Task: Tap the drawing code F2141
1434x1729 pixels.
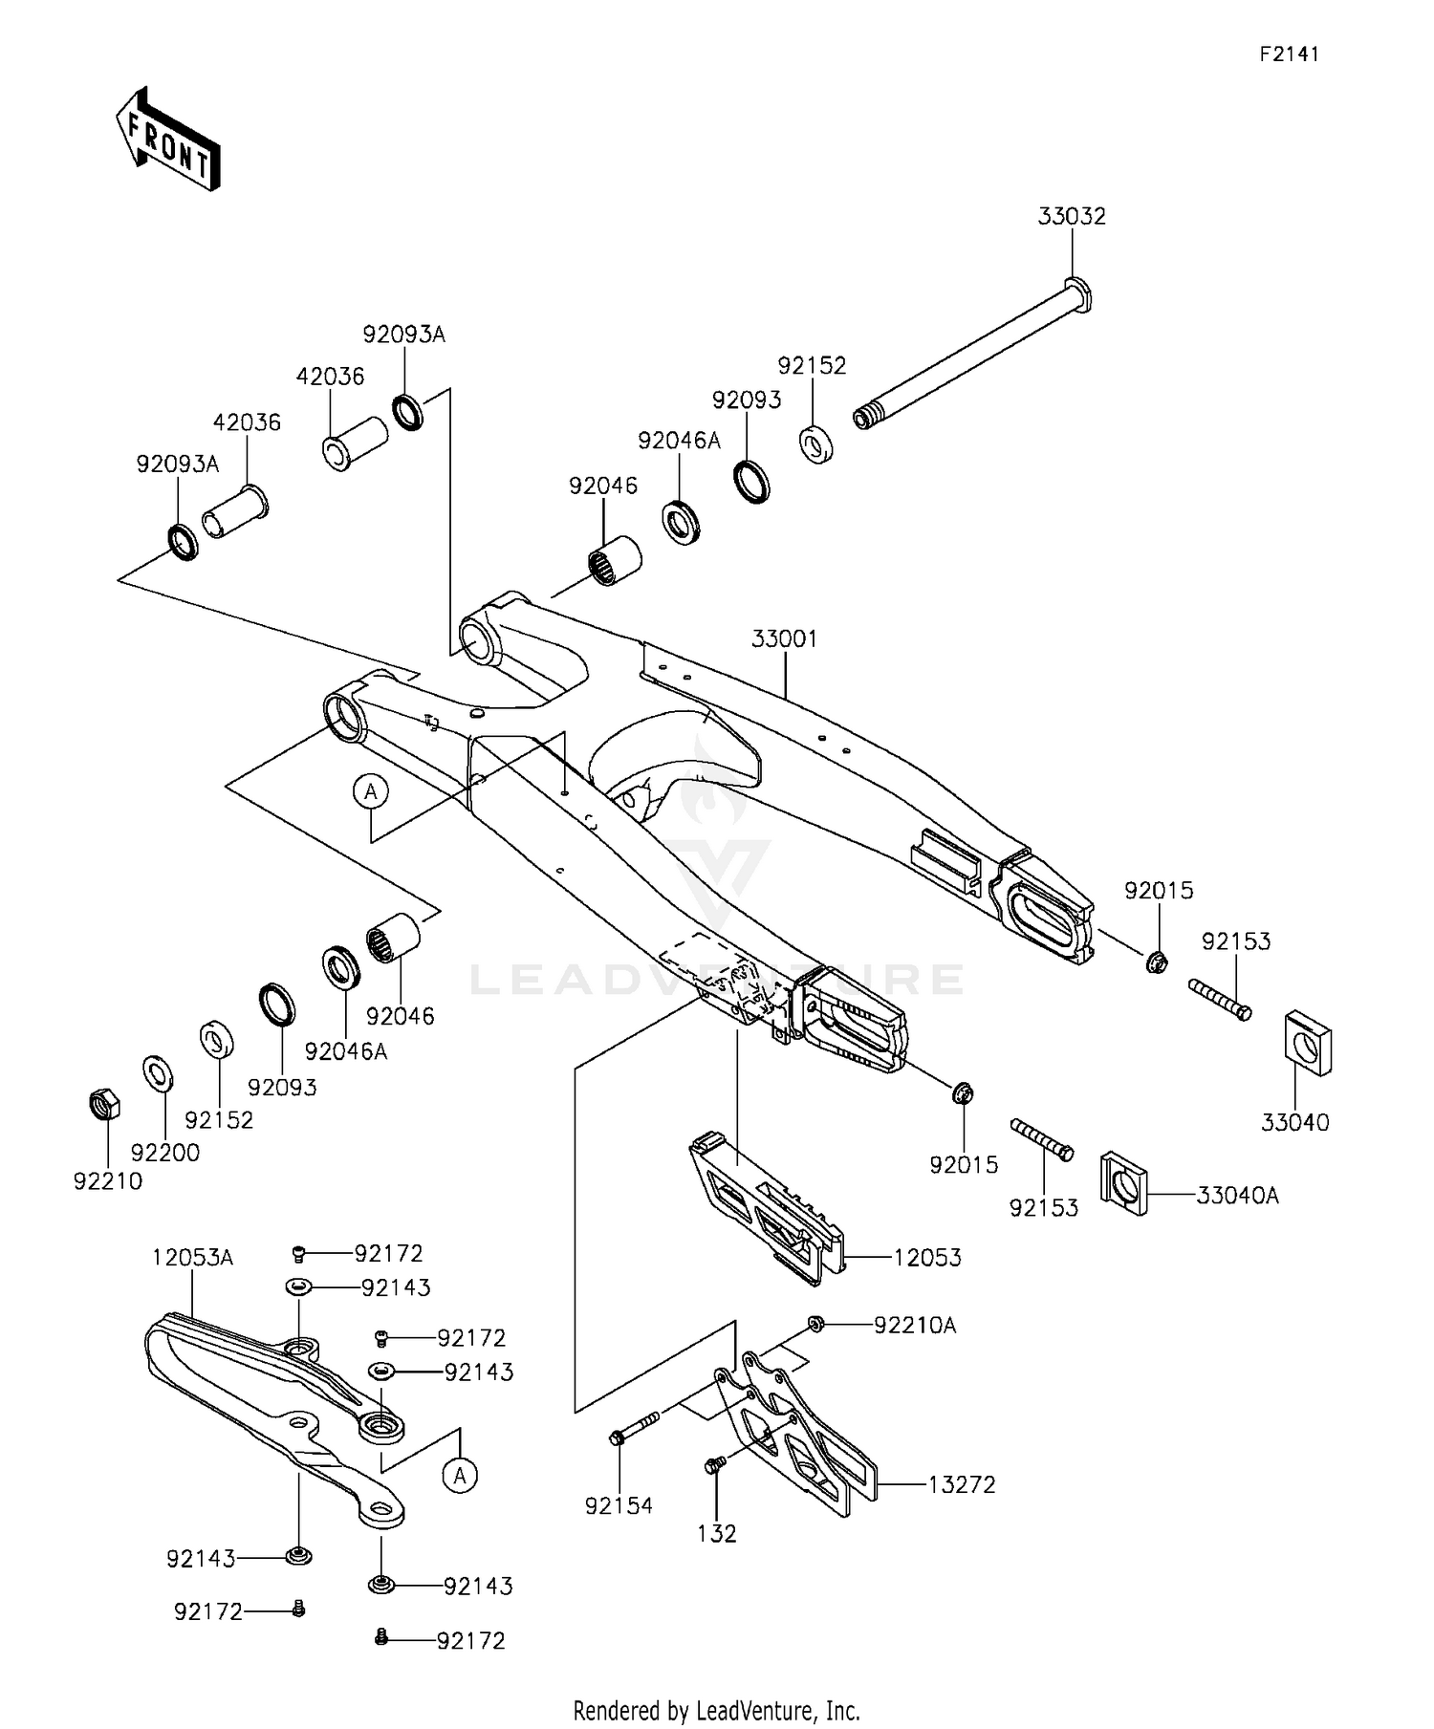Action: [x=1288, y=54]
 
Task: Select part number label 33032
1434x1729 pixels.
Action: [x=1072, y=217]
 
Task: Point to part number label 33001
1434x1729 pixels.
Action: [x=784, y=638]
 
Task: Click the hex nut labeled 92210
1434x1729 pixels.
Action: [x=103, y=1104]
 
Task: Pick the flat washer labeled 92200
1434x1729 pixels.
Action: [x=158, y=1073]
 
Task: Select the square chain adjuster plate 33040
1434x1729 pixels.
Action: [x=1307, y=1041]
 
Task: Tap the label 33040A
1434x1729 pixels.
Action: [x=1237, y=1195]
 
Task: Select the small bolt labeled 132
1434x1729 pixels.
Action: [x=713, y=1465]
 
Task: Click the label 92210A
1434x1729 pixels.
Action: [x=915, y=1326]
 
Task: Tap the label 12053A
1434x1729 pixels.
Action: [x=192, y=1258]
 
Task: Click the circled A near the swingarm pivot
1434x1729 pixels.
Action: [x=371, y=791]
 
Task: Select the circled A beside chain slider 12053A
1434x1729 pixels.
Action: [x=460, y=1476]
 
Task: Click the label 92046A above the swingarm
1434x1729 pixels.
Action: [x=679, y=441]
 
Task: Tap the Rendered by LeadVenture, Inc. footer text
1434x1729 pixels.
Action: [x=716, y=1710]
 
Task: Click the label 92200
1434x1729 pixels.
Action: [x=165, y=1153]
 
